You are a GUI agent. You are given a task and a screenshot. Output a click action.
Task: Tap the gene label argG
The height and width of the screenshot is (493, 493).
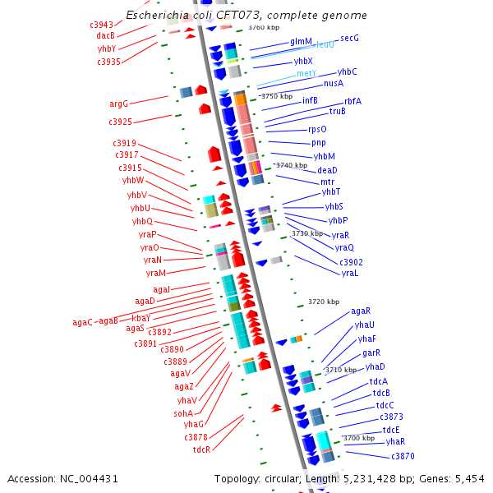(119, 104)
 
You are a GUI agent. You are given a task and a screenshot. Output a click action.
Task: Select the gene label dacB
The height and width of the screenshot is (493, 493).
(105, 35)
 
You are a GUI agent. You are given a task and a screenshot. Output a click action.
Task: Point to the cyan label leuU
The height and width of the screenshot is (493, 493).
(325, 44)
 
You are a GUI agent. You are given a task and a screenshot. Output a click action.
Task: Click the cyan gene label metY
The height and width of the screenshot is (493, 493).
(306, 74)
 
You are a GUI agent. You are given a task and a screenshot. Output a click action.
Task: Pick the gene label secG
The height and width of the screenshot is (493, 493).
(349, 38)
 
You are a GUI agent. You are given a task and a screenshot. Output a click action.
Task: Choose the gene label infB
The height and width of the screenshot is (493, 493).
(310, 101)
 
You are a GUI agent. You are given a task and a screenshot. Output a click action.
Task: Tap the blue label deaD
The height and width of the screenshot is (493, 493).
(327, 170)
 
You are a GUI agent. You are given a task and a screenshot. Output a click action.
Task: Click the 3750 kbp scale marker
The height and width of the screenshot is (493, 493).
(276, 96)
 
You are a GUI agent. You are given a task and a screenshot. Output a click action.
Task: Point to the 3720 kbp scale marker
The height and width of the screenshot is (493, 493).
(323, 302)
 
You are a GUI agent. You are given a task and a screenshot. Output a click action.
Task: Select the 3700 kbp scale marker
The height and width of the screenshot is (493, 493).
(357, 438)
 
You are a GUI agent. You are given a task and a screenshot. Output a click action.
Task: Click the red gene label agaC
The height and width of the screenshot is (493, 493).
(82, 322)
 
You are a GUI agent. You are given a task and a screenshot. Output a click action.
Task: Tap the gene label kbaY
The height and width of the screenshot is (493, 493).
(141, 318)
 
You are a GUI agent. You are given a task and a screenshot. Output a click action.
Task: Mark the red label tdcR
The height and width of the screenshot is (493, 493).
(202, 449)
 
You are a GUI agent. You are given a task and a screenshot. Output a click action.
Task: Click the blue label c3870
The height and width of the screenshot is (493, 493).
(403, 456)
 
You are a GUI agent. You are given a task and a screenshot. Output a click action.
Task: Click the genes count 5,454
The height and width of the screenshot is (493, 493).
(469, 478)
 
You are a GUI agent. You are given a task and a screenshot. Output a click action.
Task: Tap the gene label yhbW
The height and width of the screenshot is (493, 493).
(134, 181)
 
